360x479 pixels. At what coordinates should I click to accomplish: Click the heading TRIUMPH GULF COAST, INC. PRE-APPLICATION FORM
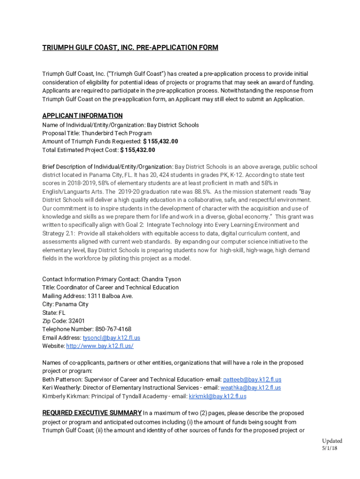coord(130,48)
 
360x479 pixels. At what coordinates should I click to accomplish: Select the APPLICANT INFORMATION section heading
coord(82,116)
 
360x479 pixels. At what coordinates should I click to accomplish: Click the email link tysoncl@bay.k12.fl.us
coord(111,338)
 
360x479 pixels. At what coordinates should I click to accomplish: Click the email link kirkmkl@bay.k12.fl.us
coord(217,396)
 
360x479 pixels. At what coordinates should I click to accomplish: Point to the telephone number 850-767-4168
coord(113,329)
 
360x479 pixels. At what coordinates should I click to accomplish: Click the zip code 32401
coord(77,321)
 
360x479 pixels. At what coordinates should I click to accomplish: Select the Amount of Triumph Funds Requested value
coord(160,141)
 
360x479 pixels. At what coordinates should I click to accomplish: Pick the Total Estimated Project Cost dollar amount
coord(137,150)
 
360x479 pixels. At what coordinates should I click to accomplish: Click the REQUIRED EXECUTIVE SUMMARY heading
coord(92,413)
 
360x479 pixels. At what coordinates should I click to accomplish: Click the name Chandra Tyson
coord(161,279)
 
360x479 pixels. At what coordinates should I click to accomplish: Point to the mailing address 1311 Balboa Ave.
coord(110,296)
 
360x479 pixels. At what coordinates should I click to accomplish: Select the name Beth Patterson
coord(60,380)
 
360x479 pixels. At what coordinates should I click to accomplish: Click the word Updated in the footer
coord(332,441)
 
